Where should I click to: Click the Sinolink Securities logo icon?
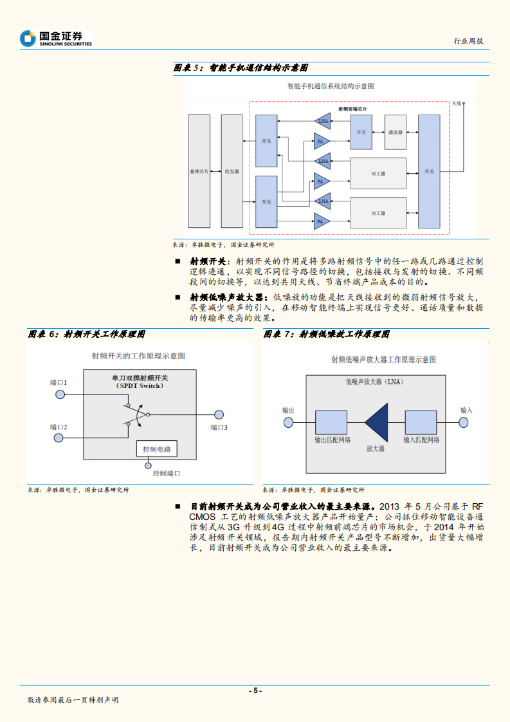click(28, 39)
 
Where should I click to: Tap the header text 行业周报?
click(468, 41)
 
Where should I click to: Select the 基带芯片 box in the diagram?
click(199, 172)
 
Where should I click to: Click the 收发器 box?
click(232, 172)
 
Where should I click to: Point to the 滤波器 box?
click(396, 132)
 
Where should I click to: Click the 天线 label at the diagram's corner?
click(457, 103)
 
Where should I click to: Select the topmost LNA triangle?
click(322, 120)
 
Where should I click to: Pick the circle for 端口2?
click(59, 438)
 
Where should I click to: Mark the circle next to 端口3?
click(219, 415)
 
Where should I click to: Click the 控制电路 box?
click(158, 449)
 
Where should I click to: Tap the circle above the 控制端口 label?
click(149, 465)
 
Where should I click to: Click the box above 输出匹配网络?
click(331, 422)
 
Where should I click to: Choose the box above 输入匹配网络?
click(421, 422)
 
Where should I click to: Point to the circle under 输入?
click(463, 422)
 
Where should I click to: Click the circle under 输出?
click(289, 422)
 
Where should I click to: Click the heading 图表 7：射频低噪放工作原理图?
click(327, 335)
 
